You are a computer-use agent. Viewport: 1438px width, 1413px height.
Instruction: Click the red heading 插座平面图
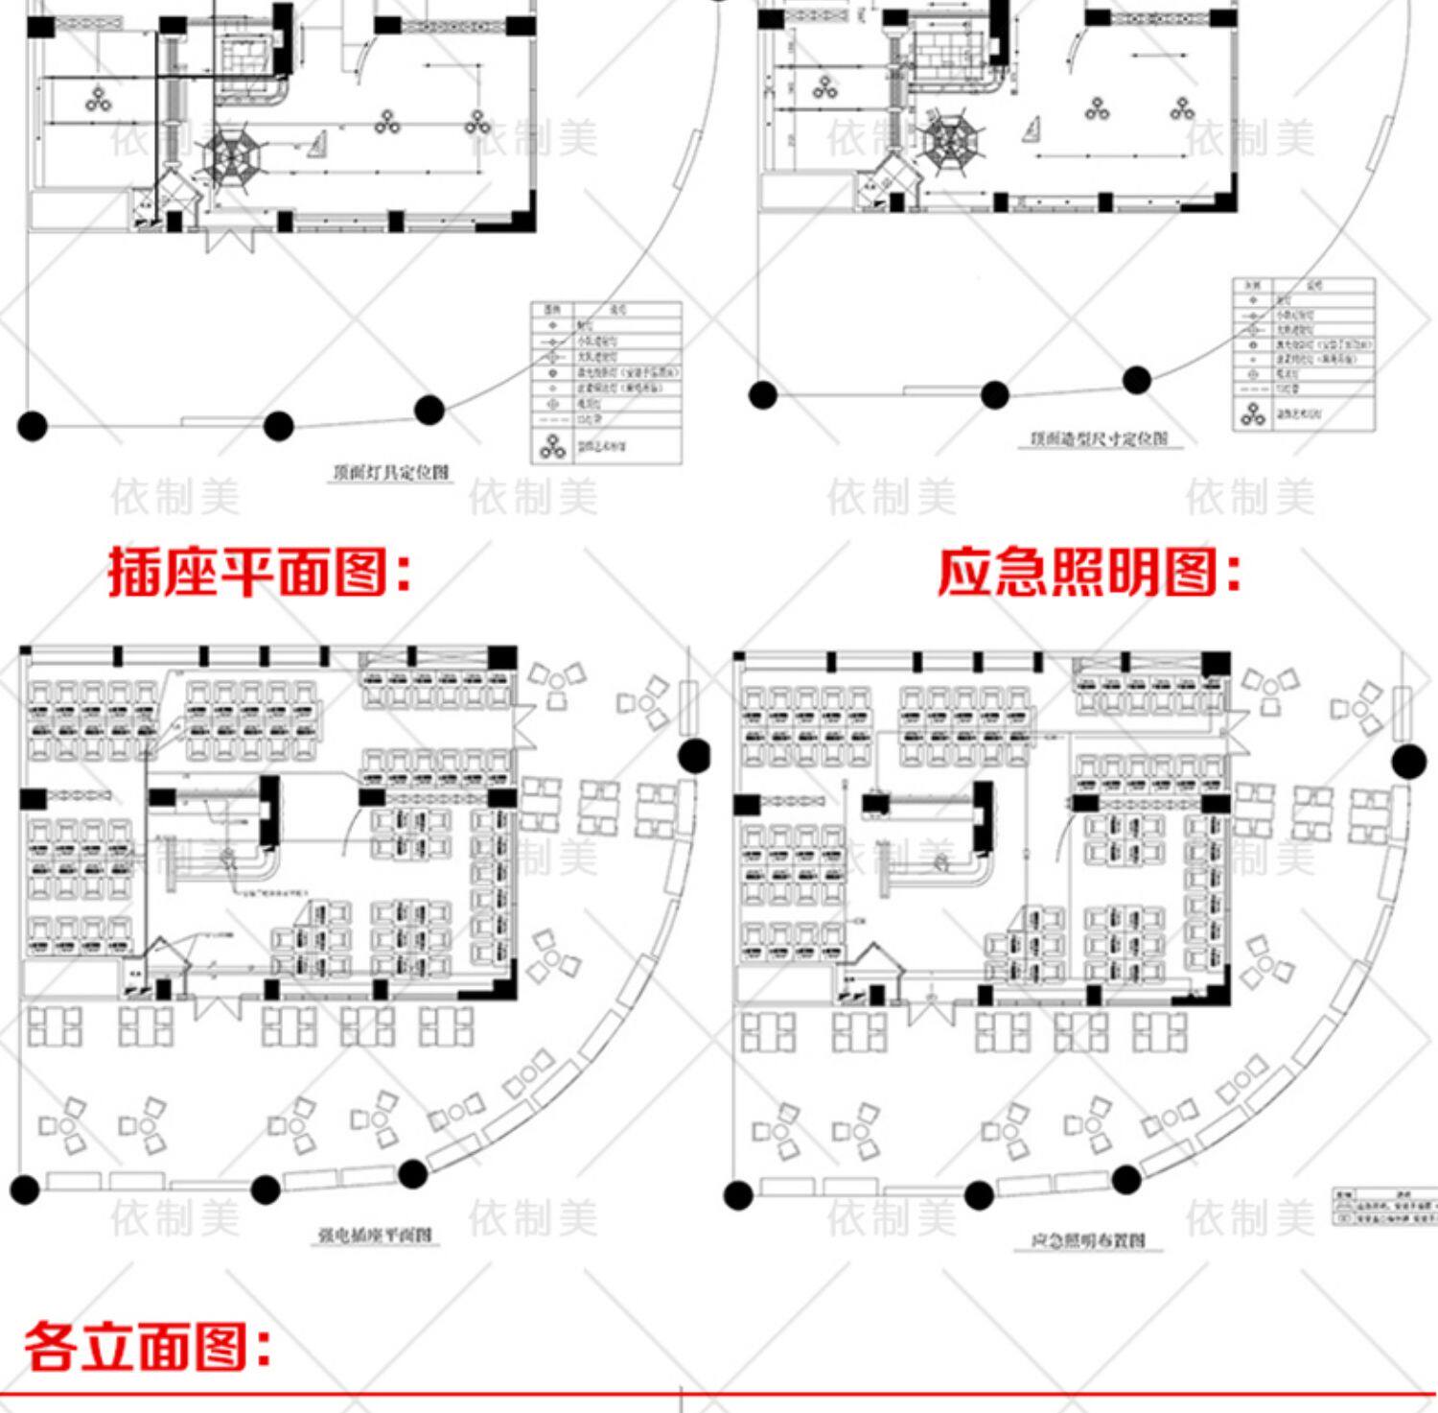tap(259, 573)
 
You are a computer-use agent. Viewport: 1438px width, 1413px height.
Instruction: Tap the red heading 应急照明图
tap(1088, 573)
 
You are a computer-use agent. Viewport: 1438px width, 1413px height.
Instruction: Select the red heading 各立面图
tap(147, 1345)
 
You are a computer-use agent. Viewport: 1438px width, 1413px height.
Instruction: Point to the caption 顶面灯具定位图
tap(390, 472)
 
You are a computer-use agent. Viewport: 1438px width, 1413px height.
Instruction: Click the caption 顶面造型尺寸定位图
tap(1099, 438)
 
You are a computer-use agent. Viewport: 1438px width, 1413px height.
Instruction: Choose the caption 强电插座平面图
tap(375, 1235)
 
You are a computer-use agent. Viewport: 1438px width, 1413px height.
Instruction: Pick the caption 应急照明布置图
tap(1088, 1240)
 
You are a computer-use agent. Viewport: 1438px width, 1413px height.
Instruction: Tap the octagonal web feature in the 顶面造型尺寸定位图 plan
tap(950, 141)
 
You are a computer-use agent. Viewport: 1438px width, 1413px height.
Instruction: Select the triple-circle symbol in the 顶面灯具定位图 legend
tap(552, 446)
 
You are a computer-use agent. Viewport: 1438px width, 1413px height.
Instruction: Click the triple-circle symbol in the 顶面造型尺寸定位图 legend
tap(1252, 413)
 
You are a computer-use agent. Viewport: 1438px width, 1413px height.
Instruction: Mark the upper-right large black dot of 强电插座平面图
tap(695, 756)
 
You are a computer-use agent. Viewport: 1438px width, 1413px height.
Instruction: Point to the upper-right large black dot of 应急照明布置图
tap(1408, 762)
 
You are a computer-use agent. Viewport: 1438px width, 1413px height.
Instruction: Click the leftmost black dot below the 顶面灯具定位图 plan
tap(32, 425)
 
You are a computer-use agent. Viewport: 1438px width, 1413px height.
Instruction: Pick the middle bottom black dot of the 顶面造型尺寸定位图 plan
tap(995, 393)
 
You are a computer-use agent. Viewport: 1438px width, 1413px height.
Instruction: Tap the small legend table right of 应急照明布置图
tap(1384, 1207)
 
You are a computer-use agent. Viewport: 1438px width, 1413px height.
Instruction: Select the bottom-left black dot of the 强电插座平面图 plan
tap(25, 1189)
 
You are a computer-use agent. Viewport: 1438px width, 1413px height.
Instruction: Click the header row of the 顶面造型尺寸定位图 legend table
tap(1303, 285)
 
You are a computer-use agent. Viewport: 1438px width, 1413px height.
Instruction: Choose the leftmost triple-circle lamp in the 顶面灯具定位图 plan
tap(98, 98)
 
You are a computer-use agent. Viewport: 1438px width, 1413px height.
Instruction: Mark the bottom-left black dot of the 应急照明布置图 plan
tap(738, 1195)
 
